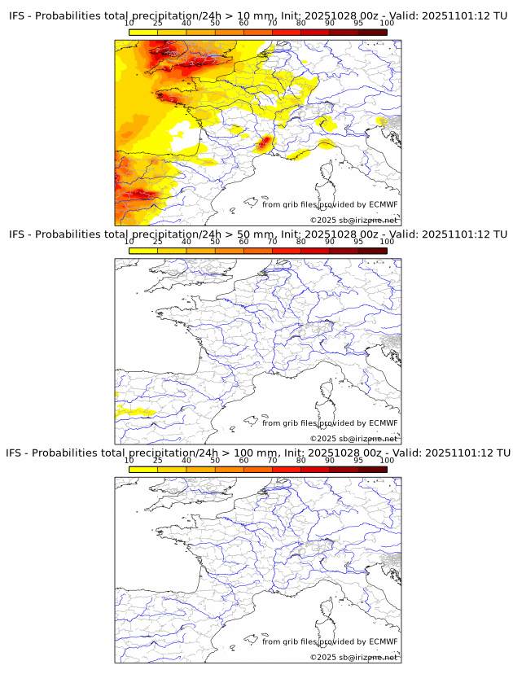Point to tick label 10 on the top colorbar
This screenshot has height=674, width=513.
(129, 24)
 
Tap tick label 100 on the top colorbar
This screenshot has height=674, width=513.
(386, 24)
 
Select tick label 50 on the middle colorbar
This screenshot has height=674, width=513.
(215, 242)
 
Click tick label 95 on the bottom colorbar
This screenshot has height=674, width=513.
(358, 460)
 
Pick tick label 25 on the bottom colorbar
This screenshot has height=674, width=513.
(158, 460)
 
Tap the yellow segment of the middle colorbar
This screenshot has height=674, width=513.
(143, 251)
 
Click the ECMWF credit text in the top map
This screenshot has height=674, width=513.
(330, 204)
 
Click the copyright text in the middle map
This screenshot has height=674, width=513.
(353, 439)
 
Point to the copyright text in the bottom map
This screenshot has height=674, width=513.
(353, 657)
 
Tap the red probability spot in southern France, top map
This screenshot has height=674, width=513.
(263, 144)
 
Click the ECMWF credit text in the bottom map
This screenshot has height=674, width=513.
(330, 641)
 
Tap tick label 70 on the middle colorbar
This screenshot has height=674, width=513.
(272, 242)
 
